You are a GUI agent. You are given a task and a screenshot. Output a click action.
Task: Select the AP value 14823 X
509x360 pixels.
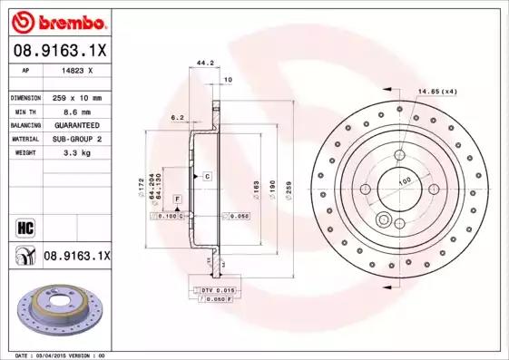coord(76,70)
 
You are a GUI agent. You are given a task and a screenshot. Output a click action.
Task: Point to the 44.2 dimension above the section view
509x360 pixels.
coord(205,63)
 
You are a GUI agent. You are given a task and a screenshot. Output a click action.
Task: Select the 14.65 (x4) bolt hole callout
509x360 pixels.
coord(436,91)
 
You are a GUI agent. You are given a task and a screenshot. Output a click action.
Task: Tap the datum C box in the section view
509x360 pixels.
coord(207,175)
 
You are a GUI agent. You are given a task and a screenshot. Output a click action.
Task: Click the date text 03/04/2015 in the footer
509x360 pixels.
coord(62,355)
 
